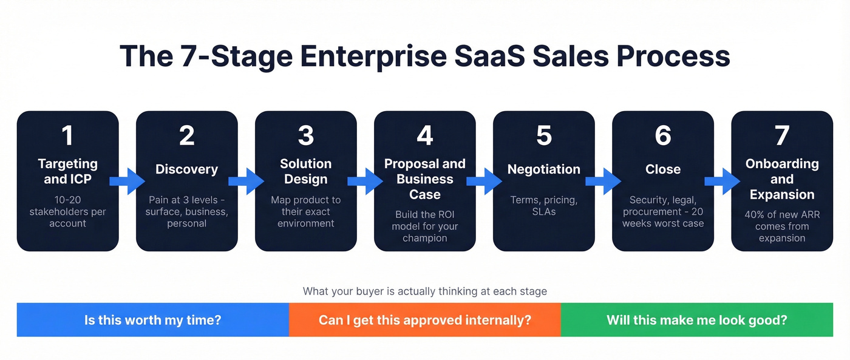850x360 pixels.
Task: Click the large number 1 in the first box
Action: click(x=67, y=136)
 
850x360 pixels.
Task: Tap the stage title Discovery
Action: click(x=186, y=169)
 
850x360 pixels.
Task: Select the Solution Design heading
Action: click(x=305, y=171)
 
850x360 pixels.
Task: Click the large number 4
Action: click(x=424, y=136)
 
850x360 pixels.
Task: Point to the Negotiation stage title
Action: click(x=543, y=169)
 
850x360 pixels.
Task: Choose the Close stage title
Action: click(x=662, y=169)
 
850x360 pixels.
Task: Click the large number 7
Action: click(x=781, y=136)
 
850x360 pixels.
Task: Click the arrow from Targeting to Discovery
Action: click(x=127, y=181)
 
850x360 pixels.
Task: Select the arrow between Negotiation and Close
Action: click(x=603, y=181)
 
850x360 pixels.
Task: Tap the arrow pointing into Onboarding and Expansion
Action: click(x=722, y=181)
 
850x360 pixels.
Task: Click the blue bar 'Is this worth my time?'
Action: click(x=152, y=320)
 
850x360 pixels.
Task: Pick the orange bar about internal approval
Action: click(x=424, y=320)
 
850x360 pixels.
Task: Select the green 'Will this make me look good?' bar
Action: click(x=696, y=320)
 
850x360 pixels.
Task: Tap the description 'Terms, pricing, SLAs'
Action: click(x=543, y=206)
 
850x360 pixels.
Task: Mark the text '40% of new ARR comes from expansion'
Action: click(x=781, y=226)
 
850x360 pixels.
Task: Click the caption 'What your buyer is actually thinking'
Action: click(x=424, y=291)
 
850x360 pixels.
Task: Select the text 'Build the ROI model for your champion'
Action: click(x=424, y=226)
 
